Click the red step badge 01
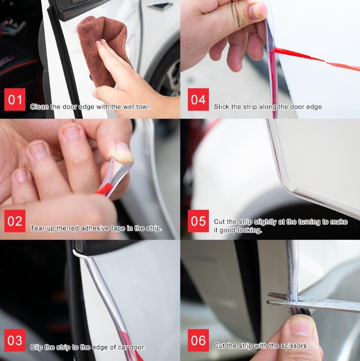[15, 99]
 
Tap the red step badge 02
[15, 221]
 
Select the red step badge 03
[15, 340]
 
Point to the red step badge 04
[198, 99]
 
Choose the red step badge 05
[198, 221]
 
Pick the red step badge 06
[198, 340]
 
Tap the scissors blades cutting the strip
[313, 302]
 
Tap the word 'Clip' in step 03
[36, 347]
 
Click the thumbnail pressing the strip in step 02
[124, 152]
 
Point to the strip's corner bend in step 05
[285, 188]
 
